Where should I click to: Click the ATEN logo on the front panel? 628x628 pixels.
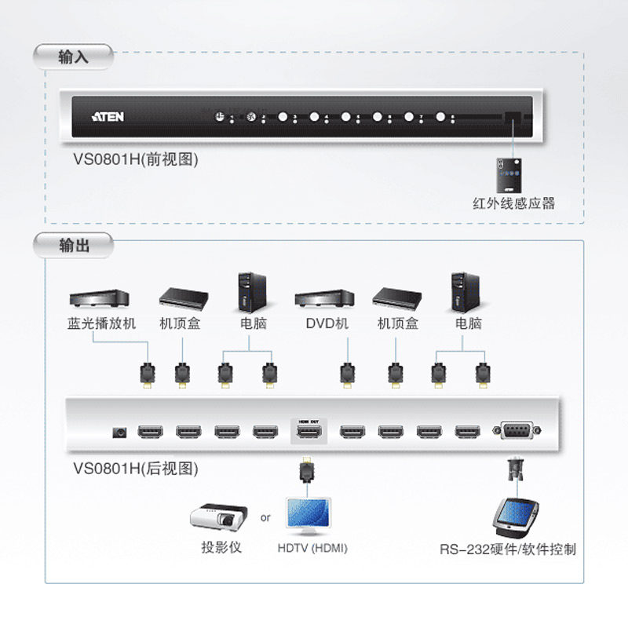[x=108, y=116]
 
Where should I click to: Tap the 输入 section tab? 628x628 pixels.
[x=74, y=57]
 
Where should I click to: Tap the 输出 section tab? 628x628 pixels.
[x=74, y=246]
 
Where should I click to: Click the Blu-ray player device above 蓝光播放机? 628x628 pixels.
[x=99, y=298]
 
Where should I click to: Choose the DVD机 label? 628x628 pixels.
[x=327, y=323]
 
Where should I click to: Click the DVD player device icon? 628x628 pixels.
[x=324, y=298]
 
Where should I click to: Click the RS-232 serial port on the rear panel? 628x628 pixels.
[x=516, y=429]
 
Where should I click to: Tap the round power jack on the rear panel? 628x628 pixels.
[x=119, y=431]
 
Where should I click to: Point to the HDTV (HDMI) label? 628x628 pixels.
[x=312, y=548]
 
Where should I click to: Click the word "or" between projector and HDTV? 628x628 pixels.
[x=265, y=518]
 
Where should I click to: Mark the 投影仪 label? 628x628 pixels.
[x=221, y=547]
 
